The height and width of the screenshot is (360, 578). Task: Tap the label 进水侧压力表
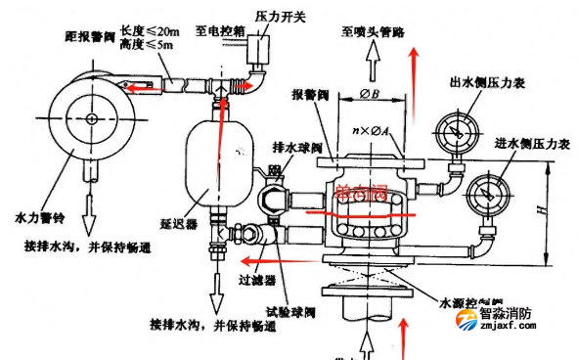pyautogui.click(x=529, y=145)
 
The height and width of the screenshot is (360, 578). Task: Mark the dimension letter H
pyautogui.click(x=558, y=211)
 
